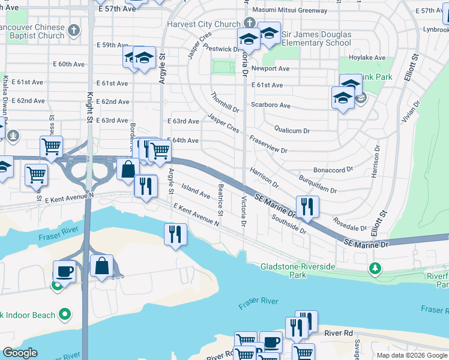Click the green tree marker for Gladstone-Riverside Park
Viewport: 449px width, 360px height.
[x=376, y=268]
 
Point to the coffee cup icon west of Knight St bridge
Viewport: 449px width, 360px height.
[x=65, y=271]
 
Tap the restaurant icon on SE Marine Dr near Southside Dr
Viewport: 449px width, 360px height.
[x=307, y=207]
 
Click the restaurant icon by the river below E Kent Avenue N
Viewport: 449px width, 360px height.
[x=175, y=233]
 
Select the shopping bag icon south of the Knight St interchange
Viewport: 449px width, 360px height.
[x=102, y=266]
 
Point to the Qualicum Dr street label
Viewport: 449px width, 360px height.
[x=292, y=130]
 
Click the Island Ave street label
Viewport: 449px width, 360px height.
[x=196, y=191]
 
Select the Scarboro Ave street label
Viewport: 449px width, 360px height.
[x=270, y=106]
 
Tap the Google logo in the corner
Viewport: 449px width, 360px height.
[x=20, y=353]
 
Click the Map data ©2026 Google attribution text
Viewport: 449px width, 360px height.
[x=412, y=355]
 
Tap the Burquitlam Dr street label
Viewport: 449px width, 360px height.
[x=317, y=185]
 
